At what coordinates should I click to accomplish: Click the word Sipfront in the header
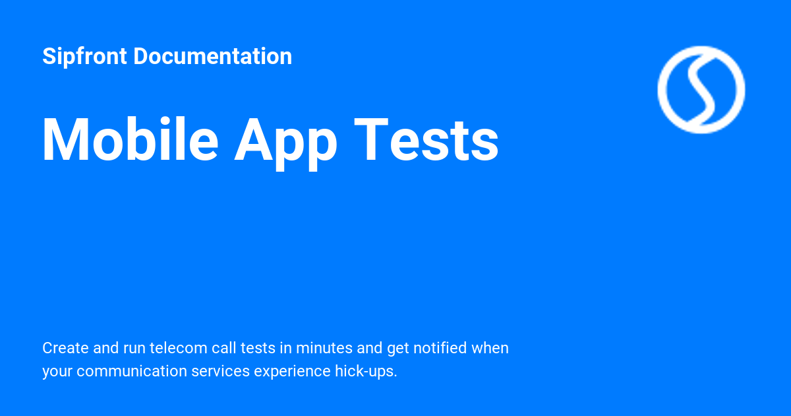[84, 57]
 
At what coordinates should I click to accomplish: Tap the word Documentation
[212, 57]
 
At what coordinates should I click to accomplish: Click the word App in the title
[285, 141]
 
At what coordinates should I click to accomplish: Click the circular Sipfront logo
[701, 89]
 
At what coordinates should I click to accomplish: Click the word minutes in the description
[320, 348]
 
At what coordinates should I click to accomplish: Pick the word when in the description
[490, 348]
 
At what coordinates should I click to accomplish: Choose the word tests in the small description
[257, 348]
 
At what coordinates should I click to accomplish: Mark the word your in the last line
[57, 372]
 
